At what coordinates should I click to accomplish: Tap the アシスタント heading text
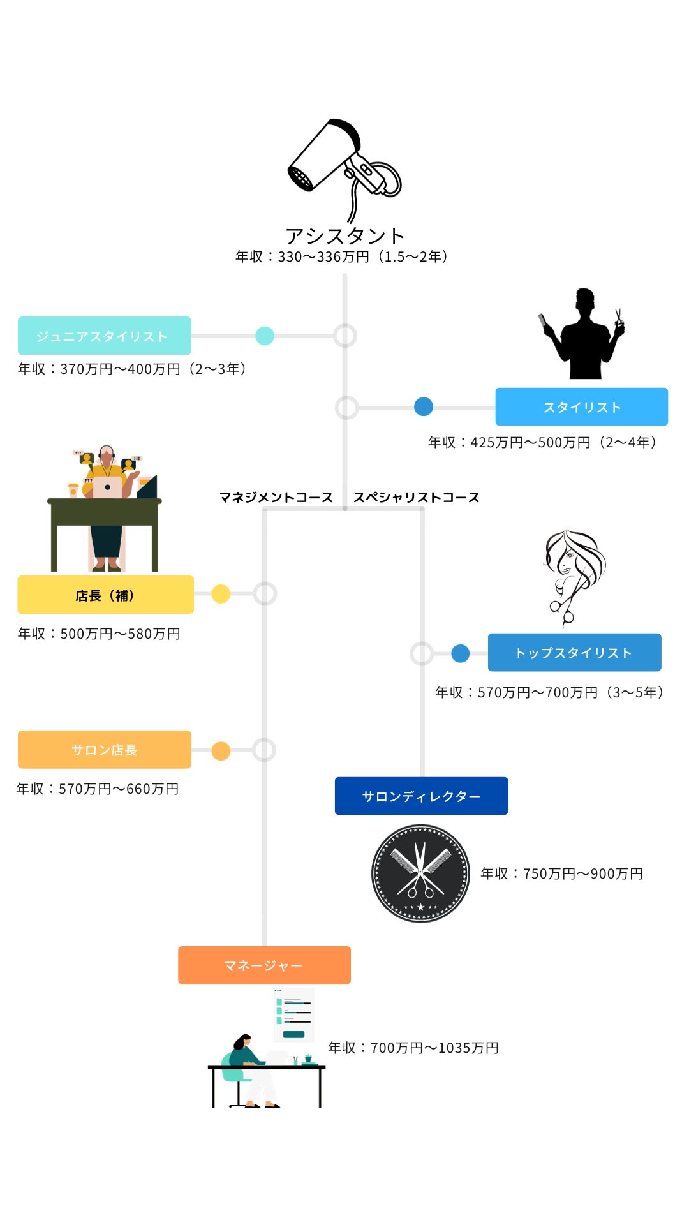pos(344,236)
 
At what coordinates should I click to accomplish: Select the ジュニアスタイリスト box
pos(104,336)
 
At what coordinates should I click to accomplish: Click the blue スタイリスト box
pos(581,406)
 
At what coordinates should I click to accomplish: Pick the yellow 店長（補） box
pos(105,595)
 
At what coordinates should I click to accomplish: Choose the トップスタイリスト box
pos(574,652)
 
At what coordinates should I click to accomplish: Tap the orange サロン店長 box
pos(104,750)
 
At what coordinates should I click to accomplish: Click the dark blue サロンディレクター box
pos(421,796)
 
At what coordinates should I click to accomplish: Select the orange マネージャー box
pos(264,965)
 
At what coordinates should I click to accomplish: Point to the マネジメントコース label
pos(276,497)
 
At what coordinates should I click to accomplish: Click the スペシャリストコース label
pos(416,497)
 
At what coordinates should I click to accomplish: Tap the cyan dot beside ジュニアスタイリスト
pos(265,336)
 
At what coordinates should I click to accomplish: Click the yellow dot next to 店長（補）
pos(221,594)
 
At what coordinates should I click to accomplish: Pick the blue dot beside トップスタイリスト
pos(460,653)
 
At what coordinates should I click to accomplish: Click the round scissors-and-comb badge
pos(420,873)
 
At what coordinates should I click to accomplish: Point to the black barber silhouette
pos(582,334)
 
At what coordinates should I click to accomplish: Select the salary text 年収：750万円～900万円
pos(561,873)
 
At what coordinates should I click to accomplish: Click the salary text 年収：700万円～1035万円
pos(413,1048)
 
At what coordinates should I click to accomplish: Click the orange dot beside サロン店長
pos(221,751)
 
